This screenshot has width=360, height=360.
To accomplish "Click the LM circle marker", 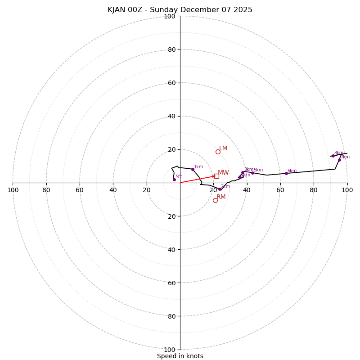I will click(218, 152).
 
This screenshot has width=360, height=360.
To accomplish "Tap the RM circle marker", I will click(215, 200).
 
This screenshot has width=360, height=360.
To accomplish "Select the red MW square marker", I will click(216, 176).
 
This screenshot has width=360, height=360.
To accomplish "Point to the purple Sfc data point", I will click(174, 180).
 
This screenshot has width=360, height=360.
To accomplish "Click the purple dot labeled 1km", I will click(193, 169).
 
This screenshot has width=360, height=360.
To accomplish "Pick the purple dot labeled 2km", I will click(220, 189).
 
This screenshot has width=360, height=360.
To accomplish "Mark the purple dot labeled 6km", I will click(286, 173).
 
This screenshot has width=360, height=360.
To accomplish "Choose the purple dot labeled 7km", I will click(339, 160).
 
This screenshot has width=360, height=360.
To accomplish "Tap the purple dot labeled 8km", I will click(333, 156).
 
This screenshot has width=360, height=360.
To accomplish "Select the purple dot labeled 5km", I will click(252, 173).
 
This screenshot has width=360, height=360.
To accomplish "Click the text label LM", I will click(223, 148).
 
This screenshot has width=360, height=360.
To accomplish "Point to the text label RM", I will click(221, 197).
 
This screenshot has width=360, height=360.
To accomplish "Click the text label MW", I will click(223, 172).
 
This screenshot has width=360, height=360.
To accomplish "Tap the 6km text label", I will click(292, 171).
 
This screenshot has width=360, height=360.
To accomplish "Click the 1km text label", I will click(198, 166).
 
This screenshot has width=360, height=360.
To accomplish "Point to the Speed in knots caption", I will click(180, 356).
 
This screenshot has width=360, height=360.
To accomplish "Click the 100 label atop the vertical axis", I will click(170, 16).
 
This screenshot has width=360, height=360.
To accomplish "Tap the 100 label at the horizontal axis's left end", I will click(13, 190).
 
